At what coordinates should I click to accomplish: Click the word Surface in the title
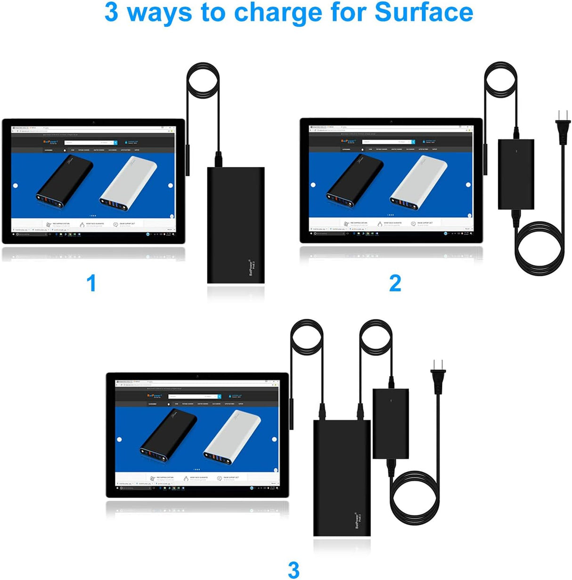click(x=424, y=12)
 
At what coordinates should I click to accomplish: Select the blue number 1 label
click(x=91, y=283)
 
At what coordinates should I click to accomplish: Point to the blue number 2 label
click(x=395, y=283)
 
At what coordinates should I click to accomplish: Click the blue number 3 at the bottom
click(x=293, y=570)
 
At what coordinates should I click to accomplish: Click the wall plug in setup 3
click(x=438, y=377)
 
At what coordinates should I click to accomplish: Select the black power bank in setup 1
click(x=236, y=225)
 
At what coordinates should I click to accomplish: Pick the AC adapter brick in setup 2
click(x=516, y=174)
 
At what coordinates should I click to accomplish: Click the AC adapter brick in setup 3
click(x=391, y=423)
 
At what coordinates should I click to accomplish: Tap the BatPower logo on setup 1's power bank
click(x=252, y=267)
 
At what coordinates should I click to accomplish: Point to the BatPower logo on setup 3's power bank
click(x=358, y=520)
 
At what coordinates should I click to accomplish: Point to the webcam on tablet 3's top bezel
click(x=197, y=376)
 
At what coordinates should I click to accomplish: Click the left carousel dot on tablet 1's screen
click(x=16, y=186)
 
